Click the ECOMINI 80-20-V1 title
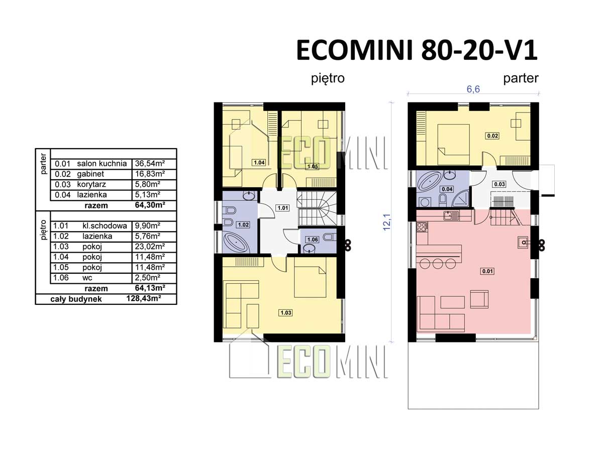point(417,51)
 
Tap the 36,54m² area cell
point(150,164)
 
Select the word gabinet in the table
point(90,174)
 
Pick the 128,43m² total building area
point(143,298)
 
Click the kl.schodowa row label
point(105,226)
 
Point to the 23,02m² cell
point(150,247)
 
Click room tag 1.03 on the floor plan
point(286,312)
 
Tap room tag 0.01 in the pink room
point(487,271)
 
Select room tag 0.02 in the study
point(492,136)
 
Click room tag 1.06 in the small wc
point(313,240)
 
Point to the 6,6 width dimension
point(473,89)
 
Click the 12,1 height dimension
point(387,222)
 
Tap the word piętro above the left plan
point(328,79)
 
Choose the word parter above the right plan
point(521,79)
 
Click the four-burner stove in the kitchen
point(422,227)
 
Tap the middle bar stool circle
point(438,264)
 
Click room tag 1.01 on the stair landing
point(283,208)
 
